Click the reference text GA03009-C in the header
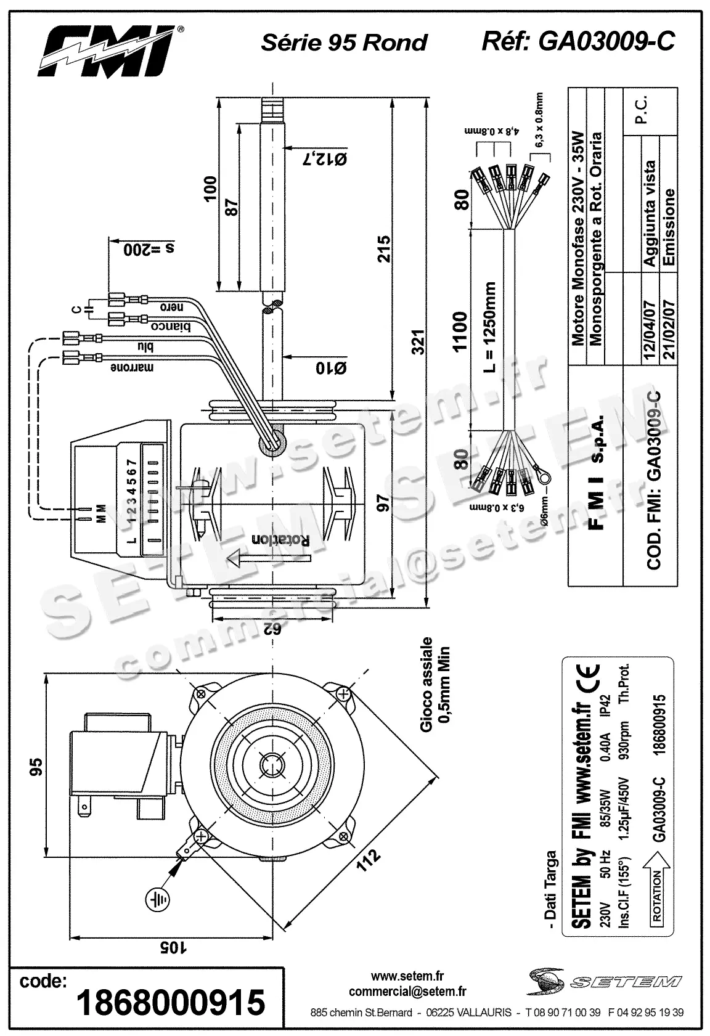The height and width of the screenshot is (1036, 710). click(x=606, y=41)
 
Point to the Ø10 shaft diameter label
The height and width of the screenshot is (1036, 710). click(x=331, y=368)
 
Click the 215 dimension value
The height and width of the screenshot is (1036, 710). click(x=384, y=249)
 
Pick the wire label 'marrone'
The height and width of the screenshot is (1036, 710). click(x=132, y=368)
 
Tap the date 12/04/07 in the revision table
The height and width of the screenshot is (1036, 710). click(x=650, y=325)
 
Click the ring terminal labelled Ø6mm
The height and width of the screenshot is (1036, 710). click(x=542, y=476)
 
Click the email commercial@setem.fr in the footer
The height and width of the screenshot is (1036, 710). click(x=407, y=991)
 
